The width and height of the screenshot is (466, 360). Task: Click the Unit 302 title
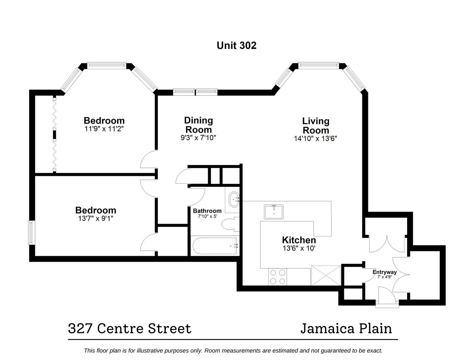tap(236, 46)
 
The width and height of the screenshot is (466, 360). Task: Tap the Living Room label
tap(316, 126)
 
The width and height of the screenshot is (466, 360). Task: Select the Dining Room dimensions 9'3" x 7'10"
tap(198, 138)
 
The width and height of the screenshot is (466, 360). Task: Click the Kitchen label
tap(299, 240)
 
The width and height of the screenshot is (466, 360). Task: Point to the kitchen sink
tap(274, 212)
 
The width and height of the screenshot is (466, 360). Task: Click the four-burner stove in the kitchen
tap(277, 277)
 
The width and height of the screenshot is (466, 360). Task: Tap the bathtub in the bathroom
tap(215, 246)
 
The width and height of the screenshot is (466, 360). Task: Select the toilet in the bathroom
tap(230, 224)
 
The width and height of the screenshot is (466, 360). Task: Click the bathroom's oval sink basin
tap(234, 200)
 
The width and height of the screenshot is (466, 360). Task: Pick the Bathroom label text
tap(207, 211)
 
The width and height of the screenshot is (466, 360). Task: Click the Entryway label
tap(384, 272)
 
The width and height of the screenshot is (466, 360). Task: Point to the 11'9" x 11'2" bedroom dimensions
tap(104, 129)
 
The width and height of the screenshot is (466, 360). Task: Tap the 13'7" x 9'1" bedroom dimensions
tap(96, 218)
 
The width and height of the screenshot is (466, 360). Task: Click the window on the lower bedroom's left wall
tap(31, 232)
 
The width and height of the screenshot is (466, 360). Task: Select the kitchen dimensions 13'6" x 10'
tap(299, 248)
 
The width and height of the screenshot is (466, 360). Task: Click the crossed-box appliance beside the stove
tap(326, 275)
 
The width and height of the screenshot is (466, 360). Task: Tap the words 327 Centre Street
tap(130, 329)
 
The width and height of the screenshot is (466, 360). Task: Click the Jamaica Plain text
tap(346, 329)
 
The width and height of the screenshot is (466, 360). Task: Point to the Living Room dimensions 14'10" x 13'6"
tap(315, 138)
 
